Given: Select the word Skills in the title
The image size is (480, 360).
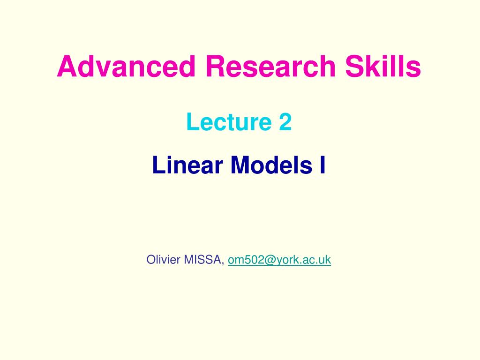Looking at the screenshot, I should click(383, 67).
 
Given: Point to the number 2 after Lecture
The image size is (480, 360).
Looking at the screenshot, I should click(285, 122).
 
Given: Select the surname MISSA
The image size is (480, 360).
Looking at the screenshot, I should click(204, 259).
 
